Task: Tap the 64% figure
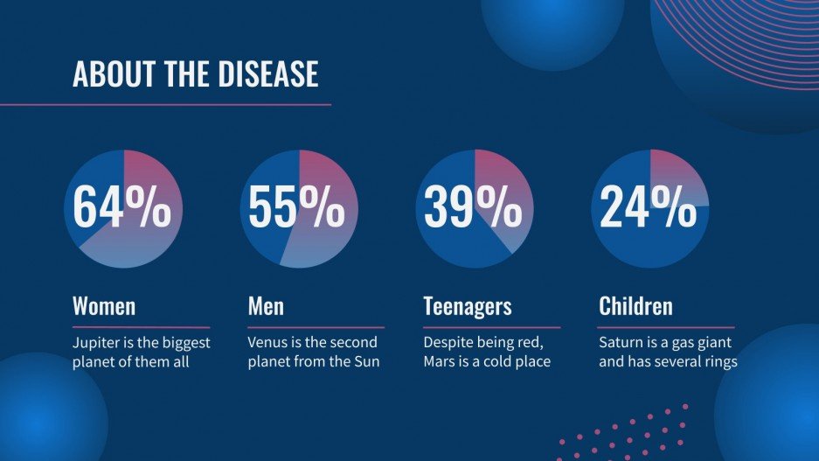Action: (121, 208)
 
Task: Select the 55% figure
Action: (297, 208)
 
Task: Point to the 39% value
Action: (473, 208)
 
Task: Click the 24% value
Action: (649, 208)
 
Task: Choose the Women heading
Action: (104, 307)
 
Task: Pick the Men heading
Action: (266, 307)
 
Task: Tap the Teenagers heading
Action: (467, 307)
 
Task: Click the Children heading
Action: (635, 307)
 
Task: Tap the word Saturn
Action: (621, 343)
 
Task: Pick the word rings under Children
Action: (717, 361)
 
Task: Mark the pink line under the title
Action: (165, 105)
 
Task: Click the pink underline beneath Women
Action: (141, 327)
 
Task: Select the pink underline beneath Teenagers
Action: (491, 327)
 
